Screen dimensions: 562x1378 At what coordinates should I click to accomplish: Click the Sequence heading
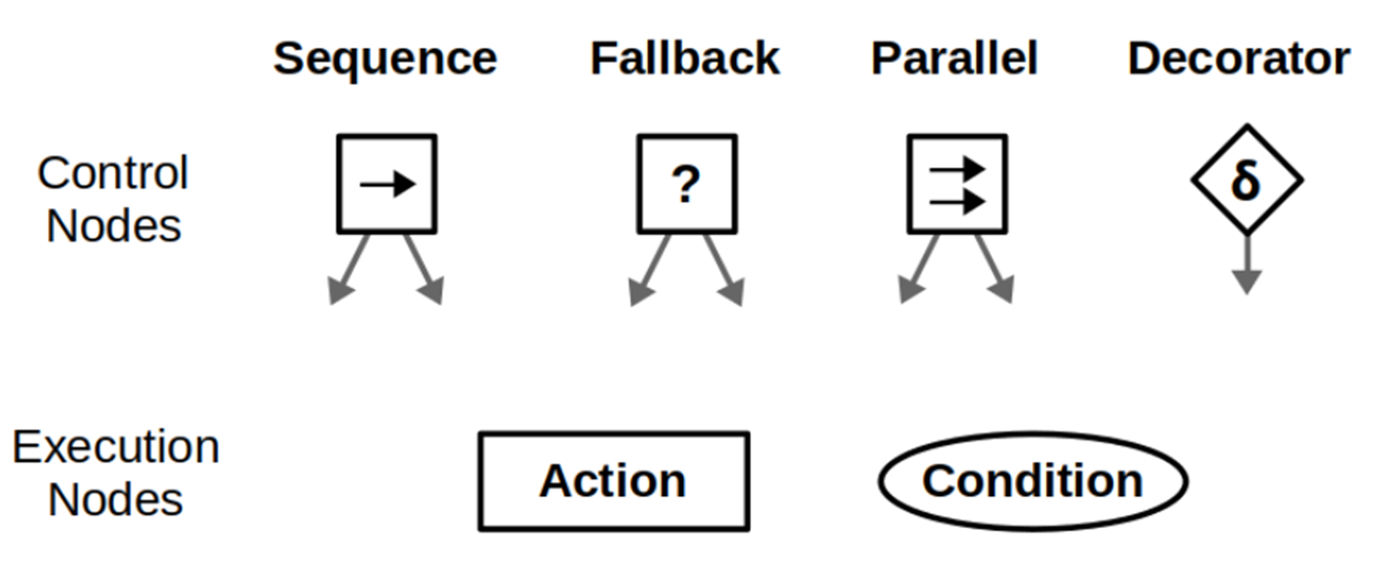[x=385, y=59]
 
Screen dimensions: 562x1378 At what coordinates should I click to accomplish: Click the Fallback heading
[x=685, y=59]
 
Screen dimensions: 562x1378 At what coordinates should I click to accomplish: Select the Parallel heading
[x=954, y=59]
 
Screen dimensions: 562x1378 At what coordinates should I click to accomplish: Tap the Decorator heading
[x=1239, y=59]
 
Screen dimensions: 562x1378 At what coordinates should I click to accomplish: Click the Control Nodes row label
[x=113, y=199]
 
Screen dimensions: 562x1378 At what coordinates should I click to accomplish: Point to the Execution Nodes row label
[x=116, y=472]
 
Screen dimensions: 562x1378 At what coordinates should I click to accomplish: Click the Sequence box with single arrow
[x=387, y=184]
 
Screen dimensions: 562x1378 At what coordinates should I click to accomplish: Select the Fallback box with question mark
[x=687, y=184]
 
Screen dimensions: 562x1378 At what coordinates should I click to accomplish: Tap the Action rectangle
[x=613, y=481]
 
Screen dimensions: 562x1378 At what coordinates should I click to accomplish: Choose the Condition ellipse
[x=1032, y=481]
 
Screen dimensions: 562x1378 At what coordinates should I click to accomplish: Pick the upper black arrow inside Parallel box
[x=957, y=169]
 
